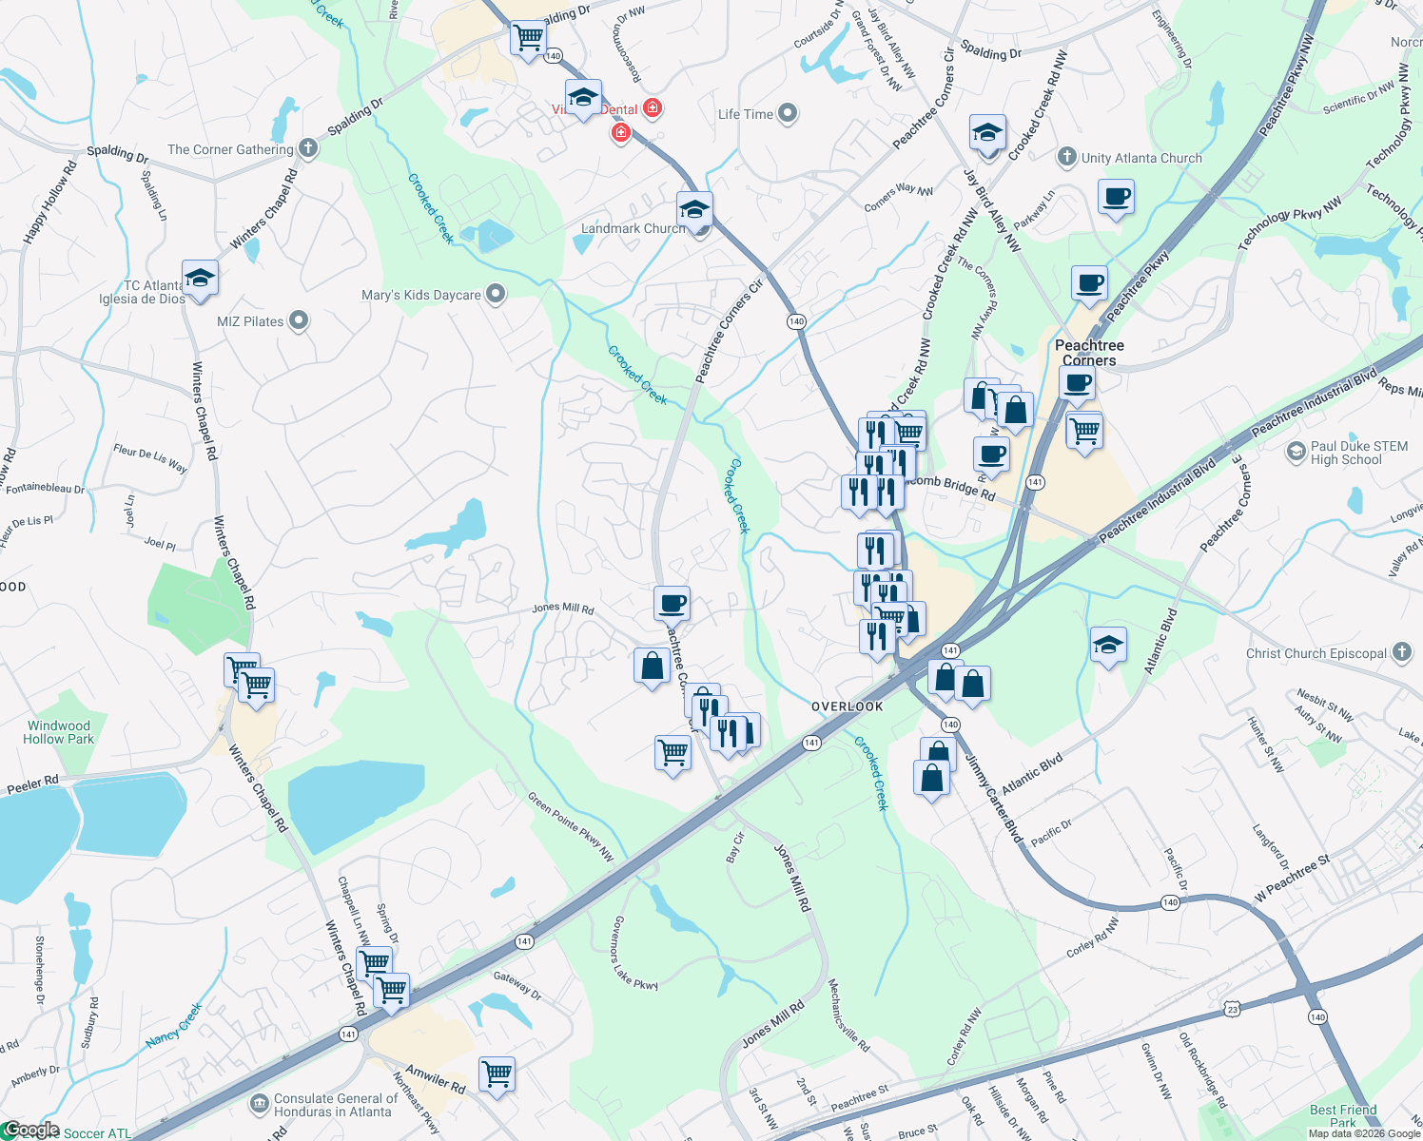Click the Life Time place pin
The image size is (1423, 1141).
click(787, 114)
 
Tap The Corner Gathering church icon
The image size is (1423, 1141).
click(307, 148)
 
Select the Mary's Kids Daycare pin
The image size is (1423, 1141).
click(495, 294)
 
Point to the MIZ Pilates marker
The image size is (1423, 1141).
click(299, 320)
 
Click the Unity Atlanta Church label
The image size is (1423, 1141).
click(1141, 158)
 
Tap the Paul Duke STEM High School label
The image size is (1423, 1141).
click(1358, 453)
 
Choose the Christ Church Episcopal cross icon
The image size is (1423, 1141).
click(1401, 652)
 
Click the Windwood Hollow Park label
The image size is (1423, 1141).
click(59, 732)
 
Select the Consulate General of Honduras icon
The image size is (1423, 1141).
click(259, 1104)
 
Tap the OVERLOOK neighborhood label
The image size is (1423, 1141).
click(847, 706)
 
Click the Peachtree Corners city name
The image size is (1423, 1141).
click(1089, 353)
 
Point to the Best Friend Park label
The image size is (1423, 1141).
click(1343, 1115)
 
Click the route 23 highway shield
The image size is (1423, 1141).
click(1233, 1009)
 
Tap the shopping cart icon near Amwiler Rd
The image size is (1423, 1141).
click(497, 1074)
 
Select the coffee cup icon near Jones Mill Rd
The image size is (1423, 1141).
click(672, 603)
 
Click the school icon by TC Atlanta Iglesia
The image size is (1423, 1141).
click(200, 278)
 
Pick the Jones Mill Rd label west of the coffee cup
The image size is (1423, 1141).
click(563, 608)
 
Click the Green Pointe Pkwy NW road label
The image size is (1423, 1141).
click(571, 828)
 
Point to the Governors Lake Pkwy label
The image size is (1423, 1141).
click(634, 954)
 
